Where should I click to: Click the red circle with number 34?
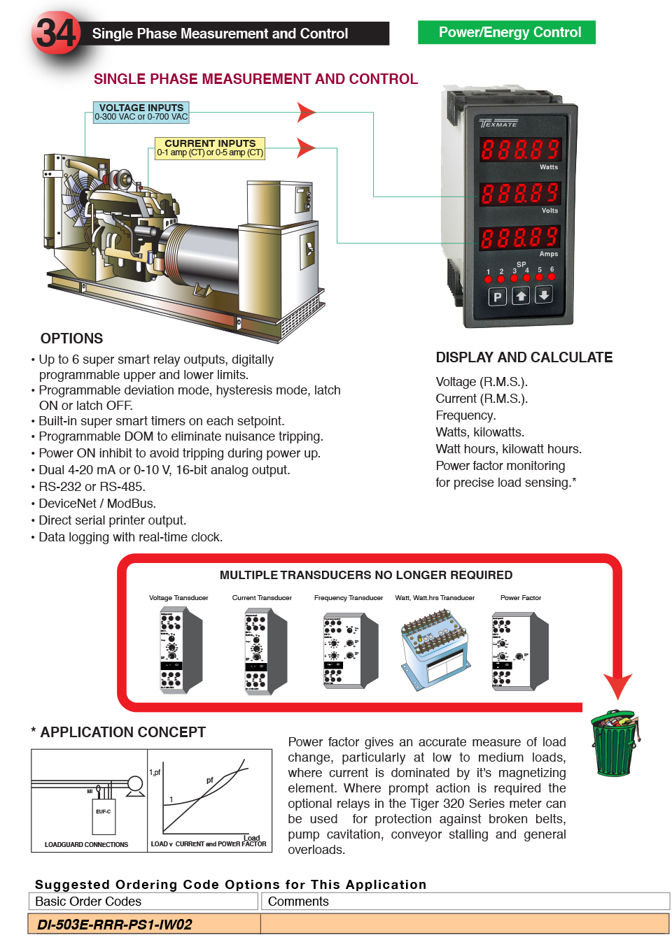[56, 33]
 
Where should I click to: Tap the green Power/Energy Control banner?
[507, 32]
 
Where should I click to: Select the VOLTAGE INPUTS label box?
[141, 112]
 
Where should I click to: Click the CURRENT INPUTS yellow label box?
[210, 148]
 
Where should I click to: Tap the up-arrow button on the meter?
[521, 297]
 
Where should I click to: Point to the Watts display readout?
[520, 150]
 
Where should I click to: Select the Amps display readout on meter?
[520, 238]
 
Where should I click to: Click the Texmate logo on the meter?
[498, 124]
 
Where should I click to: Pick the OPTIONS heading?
[71, 339]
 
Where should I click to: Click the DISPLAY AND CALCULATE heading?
[524, 357]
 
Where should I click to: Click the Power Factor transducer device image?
[519, 651]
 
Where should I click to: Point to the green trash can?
[615, 743]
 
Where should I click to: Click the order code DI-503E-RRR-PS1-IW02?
[115, 924]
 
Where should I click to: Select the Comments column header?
[298, 902]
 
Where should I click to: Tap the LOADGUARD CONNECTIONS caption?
[87, 844]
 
